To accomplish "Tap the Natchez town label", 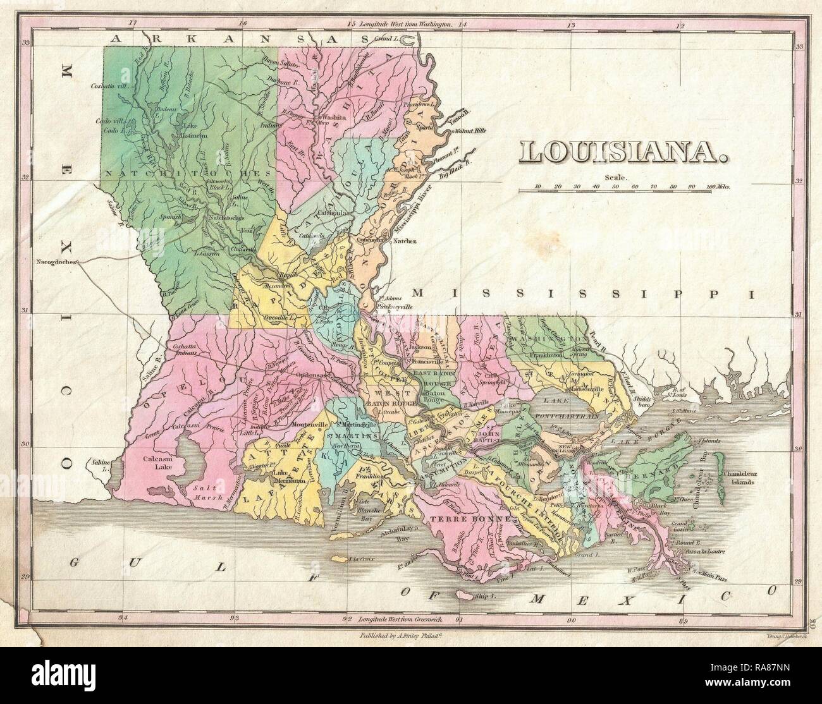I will pos(405,241).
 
